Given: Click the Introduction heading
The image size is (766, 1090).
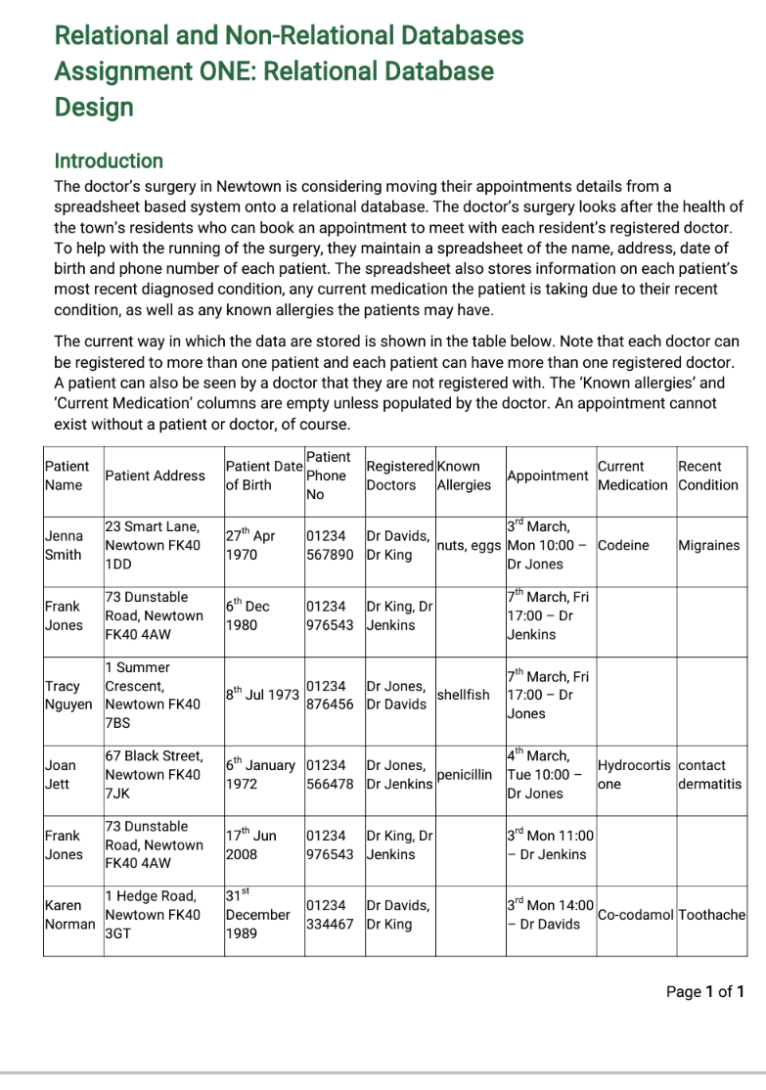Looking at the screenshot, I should pos(109,160).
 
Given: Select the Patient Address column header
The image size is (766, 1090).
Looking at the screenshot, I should pos(155,476).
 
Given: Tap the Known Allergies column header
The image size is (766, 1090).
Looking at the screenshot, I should pos(464,476).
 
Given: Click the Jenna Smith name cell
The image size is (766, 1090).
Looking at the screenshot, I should pos(64,546).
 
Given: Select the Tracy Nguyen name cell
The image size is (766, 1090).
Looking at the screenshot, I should pos(68,695).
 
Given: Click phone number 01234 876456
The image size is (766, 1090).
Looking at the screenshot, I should pos(330,695).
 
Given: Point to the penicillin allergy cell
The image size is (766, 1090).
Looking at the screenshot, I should pos(464,775).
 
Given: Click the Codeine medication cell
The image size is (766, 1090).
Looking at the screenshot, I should pos(623,545).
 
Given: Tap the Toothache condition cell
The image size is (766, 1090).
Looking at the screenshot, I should pos(711,915).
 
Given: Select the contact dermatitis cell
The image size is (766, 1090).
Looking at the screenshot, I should pos(709,775).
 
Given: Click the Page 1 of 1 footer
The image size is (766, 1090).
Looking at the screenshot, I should pos(704,992).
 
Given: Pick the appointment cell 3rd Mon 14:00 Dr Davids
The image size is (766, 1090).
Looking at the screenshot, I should pos(550,915).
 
